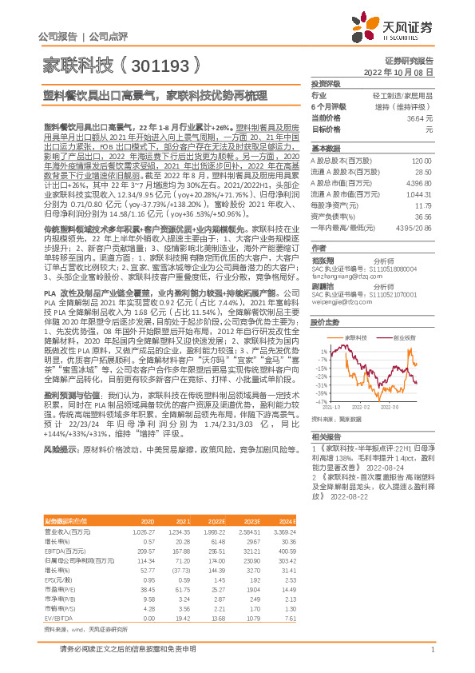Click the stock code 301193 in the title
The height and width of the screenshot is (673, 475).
tap(160, 65)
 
